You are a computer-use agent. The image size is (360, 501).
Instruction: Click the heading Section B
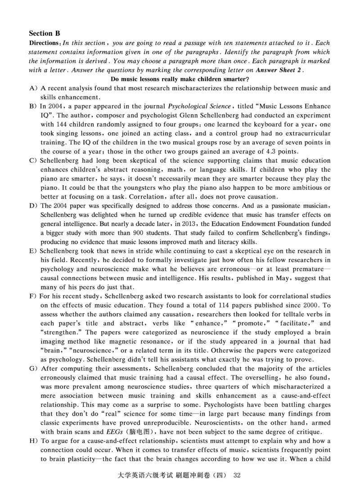click(x=44, y=33)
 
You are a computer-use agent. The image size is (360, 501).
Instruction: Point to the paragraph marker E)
click(x=33, y=250)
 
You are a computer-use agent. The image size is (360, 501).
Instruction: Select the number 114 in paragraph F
click(x=173, y=305)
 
